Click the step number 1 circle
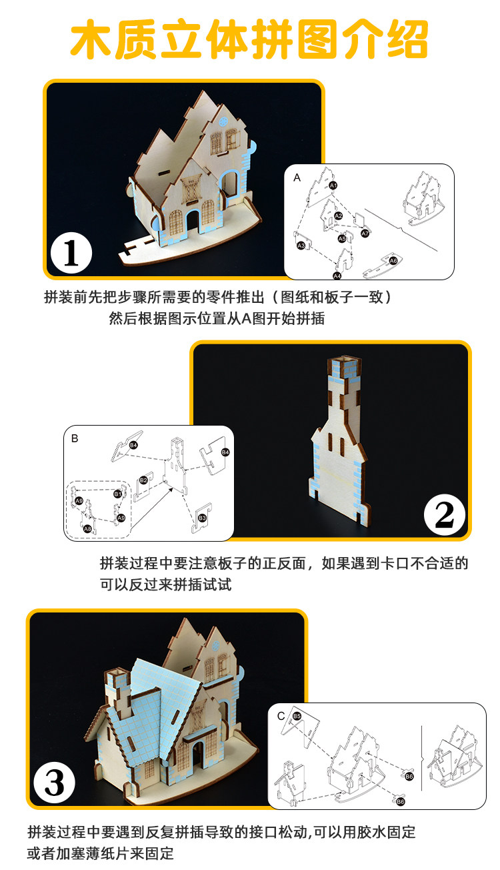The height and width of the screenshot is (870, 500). [x=71, y=254]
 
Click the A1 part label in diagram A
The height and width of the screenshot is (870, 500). [x=333, y=185]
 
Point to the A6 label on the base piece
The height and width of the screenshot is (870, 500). [x=393, y=260]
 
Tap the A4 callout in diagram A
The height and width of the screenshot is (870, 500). [x=337, y=275]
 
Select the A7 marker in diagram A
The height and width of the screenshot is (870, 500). [x=365, y=234]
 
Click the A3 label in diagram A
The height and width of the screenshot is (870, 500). [x=301, y=246]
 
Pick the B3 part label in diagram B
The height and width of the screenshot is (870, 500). [x=203, y=517]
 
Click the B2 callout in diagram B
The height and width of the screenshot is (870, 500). [x=143, y=480]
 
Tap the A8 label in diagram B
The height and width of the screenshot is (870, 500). [x=87, y=528]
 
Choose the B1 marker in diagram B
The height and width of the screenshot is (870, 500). [x=117, y=494]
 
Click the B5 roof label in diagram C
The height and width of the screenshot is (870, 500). [x=297, y=716]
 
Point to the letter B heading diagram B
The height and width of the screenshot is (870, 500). [x=75, y=438]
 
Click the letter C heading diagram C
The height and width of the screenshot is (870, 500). [x=281, y=716]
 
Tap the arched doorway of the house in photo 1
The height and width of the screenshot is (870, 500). [x=194, y=222]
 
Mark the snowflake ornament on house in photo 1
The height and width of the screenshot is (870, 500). [x=223, y=120]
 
